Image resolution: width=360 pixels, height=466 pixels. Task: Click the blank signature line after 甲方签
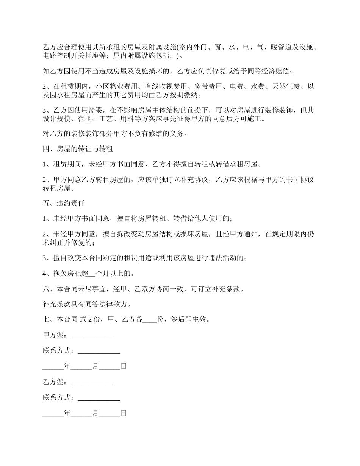pos(92,336)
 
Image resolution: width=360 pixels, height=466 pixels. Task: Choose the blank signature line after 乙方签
pos(92,383)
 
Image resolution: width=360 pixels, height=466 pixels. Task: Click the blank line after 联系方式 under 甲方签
pos(99,352)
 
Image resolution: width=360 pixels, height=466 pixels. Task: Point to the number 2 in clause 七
pos(90,319)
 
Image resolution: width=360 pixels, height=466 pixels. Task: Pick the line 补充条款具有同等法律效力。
pos(88,304)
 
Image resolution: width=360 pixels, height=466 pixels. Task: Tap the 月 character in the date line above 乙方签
pos(95,366)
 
